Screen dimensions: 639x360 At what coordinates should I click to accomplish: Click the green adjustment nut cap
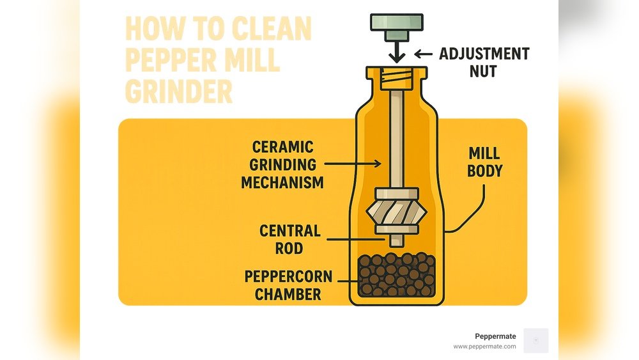coord(397,27)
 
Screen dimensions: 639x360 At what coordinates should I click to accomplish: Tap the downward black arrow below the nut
coord(397,52)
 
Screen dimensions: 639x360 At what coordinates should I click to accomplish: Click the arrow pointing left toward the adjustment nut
coord(424,54)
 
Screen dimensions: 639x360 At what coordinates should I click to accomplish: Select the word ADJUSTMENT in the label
coord(484,54)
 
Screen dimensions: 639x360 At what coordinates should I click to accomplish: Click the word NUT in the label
coord(483,72)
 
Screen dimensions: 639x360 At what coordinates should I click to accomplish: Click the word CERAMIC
coord(283,147)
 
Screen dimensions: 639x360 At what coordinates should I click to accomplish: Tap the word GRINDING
coord(283,165)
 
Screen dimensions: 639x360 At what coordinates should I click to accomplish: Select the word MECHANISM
coord(282,182)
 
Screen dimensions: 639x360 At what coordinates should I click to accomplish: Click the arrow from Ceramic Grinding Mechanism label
coord(353,164)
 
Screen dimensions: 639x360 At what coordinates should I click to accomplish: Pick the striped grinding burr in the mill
coord(397,211)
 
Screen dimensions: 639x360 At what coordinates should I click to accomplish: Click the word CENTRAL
coord(290,231)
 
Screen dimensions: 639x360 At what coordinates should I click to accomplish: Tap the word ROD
coord(289,248)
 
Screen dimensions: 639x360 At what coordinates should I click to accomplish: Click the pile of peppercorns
coord(397,274)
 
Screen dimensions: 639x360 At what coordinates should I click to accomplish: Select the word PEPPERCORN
coord(288,276)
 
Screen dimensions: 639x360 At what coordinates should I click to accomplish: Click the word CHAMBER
coord(288,294)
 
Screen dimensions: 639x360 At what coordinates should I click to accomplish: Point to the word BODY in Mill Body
coord(484,171)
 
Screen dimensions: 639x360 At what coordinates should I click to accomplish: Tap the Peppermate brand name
coord(495,336)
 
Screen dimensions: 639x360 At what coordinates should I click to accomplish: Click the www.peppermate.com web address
coord(484,347)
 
